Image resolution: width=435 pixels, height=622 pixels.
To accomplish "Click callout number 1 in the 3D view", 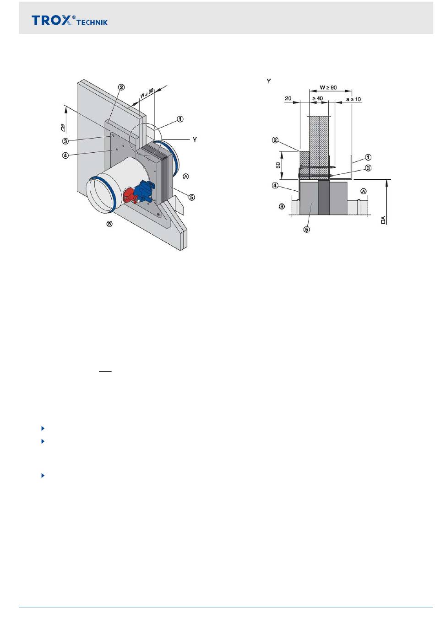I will coord(180,119).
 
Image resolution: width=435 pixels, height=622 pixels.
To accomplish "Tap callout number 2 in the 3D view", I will coord(121,87).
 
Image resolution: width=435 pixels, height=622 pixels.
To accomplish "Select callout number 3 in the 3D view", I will coord(66,141).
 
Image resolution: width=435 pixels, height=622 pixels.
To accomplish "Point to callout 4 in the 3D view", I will coord(66,155).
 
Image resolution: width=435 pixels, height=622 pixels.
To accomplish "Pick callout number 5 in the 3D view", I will coord(192,197).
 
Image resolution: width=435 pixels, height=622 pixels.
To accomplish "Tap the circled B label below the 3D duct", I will coord(109,224).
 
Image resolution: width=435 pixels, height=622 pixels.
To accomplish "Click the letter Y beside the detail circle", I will coord(195,139).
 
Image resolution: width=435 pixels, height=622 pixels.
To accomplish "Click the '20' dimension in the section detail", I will coord(288,98).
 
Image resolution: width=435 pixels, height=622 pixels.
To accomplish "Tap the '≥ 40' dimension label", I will coord(317,98).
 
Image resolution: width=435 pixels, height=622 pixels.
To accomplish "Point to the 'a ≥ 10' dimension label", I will coord(353,99).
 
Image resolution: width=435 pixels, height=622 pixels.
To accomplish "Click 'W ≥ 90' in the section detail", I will coord(328,87).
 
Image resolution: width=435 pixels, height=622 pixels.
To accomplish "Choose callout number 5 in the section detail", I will coord(306,229).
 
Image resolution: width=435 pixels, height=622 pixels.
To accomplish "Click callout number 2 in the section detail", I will coord(275,140).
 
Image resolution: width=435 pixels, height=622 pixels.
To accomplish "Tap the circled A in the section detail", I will coord(364,191).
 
